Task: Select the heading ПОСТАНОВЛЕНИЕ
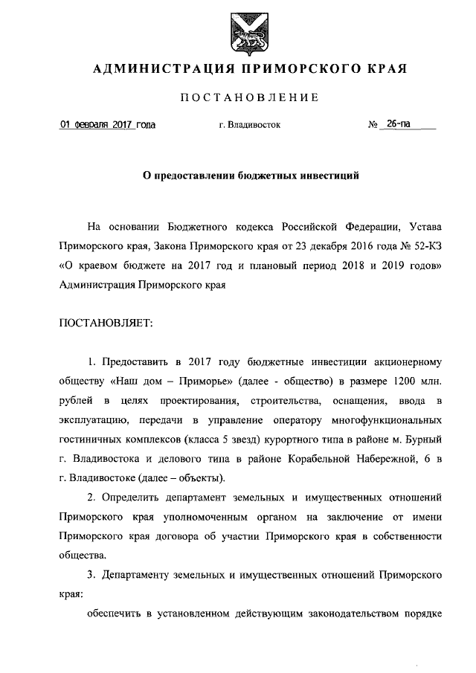point(249,97)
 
